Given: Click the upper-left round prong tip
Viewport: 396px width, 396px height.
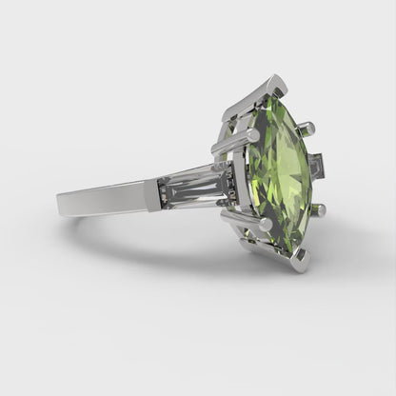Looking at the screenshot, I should tap(253, 136).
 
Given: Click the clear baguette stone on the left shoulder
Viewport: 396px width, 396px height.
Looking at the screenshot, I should tap(196, 185).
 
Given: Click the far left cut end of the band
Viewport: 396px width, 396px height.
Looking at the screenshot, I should tap(61, 202).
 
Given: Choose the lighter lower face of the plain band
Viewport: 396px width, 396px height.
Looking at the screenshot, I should tap(105, 203).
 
